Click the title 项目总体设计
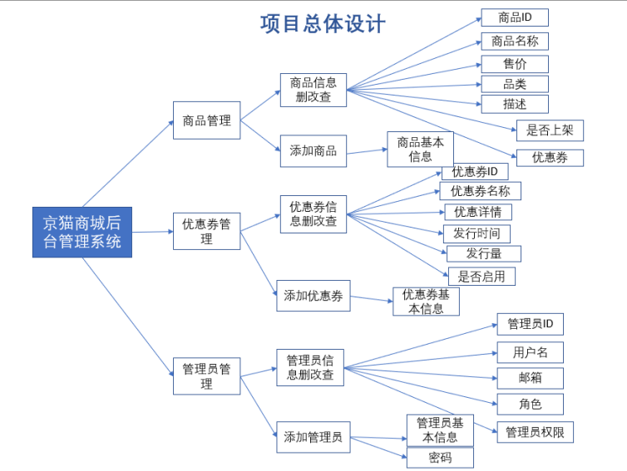pos(323,23)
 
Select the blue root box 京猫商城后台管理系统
pos(81,232)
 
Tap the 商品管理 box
pos(206,120)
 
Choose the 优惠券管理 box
pos(206,231)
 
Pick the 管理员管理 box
pos(206,376)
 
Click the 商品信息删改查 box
pos(313,90)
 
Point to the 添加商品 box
pos(313,150)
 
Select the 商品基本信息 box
pos(420,149)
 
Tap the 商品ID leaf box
pos(514,17)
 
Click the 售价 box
pos(514,64)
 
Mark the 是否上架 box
pos(550,130)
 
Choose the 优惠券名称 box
pos(480,191)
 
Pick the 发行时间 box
pos(476,233)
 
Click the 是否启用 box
pos(481,276)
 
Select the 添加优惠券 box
pos(313,295)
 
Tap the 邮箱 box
pos(530,378)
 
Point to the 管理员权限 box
pos(535,431)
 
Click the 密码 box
pos(440,458)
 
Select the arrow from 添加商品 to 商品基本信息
pos(367,150)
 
